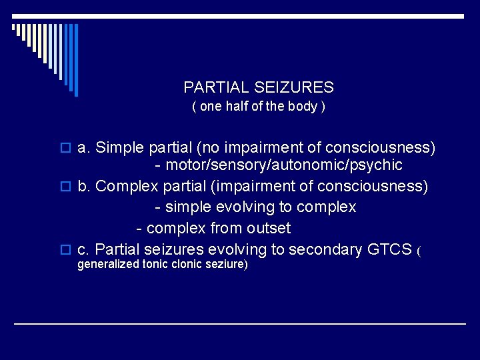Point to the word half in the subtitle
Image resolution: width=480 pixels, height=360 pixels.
point(237,107)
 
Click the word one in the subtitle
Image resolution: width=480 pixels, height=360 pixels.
point(210,107)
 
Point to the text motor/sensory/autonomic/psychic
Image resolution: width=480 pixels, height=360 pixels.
point(284,165)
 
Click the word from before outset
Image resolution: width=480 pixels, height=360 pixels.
point(225,229)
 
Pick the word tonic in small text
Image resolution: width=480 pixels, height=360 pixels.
point(155,265)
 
